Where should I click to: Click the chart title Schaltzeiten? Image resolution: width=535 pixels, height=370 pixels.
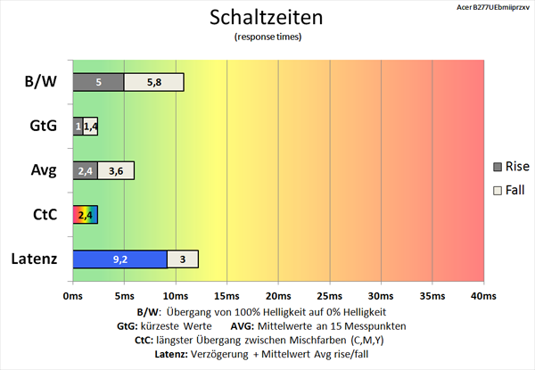267,18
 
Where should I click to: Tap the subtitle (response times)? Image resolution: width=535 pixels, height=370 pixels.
267,37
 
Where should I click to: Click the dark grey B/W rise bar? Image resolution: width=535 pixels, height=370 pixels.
98,82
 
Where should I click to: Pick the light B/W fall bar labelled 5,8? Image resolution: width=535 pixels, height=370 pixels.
153,82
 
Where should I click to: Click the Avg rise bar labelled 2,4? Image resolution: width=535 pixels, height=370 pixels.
86,170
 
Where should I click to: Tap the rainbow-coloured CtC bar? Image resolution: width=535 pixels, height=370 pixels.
86,215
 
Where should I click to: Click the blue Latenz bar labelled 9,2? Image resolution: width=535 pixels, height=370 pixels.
119,259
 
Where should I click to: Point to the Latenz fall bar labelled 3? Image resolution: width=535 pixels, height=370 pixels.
182,259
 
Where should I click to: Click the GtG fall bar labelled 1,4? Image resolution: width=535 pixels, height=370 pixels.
90,127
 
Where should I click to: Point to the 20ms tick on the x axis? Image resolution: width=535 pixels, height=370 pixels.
278,295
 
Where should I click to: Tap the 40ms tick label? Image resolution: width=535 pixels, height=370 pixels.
483,295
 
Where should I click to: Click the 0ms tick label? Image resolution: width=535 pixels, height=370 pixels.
73,295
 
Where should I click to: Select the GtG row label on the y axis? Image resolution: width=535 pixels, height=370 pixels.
43,127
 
